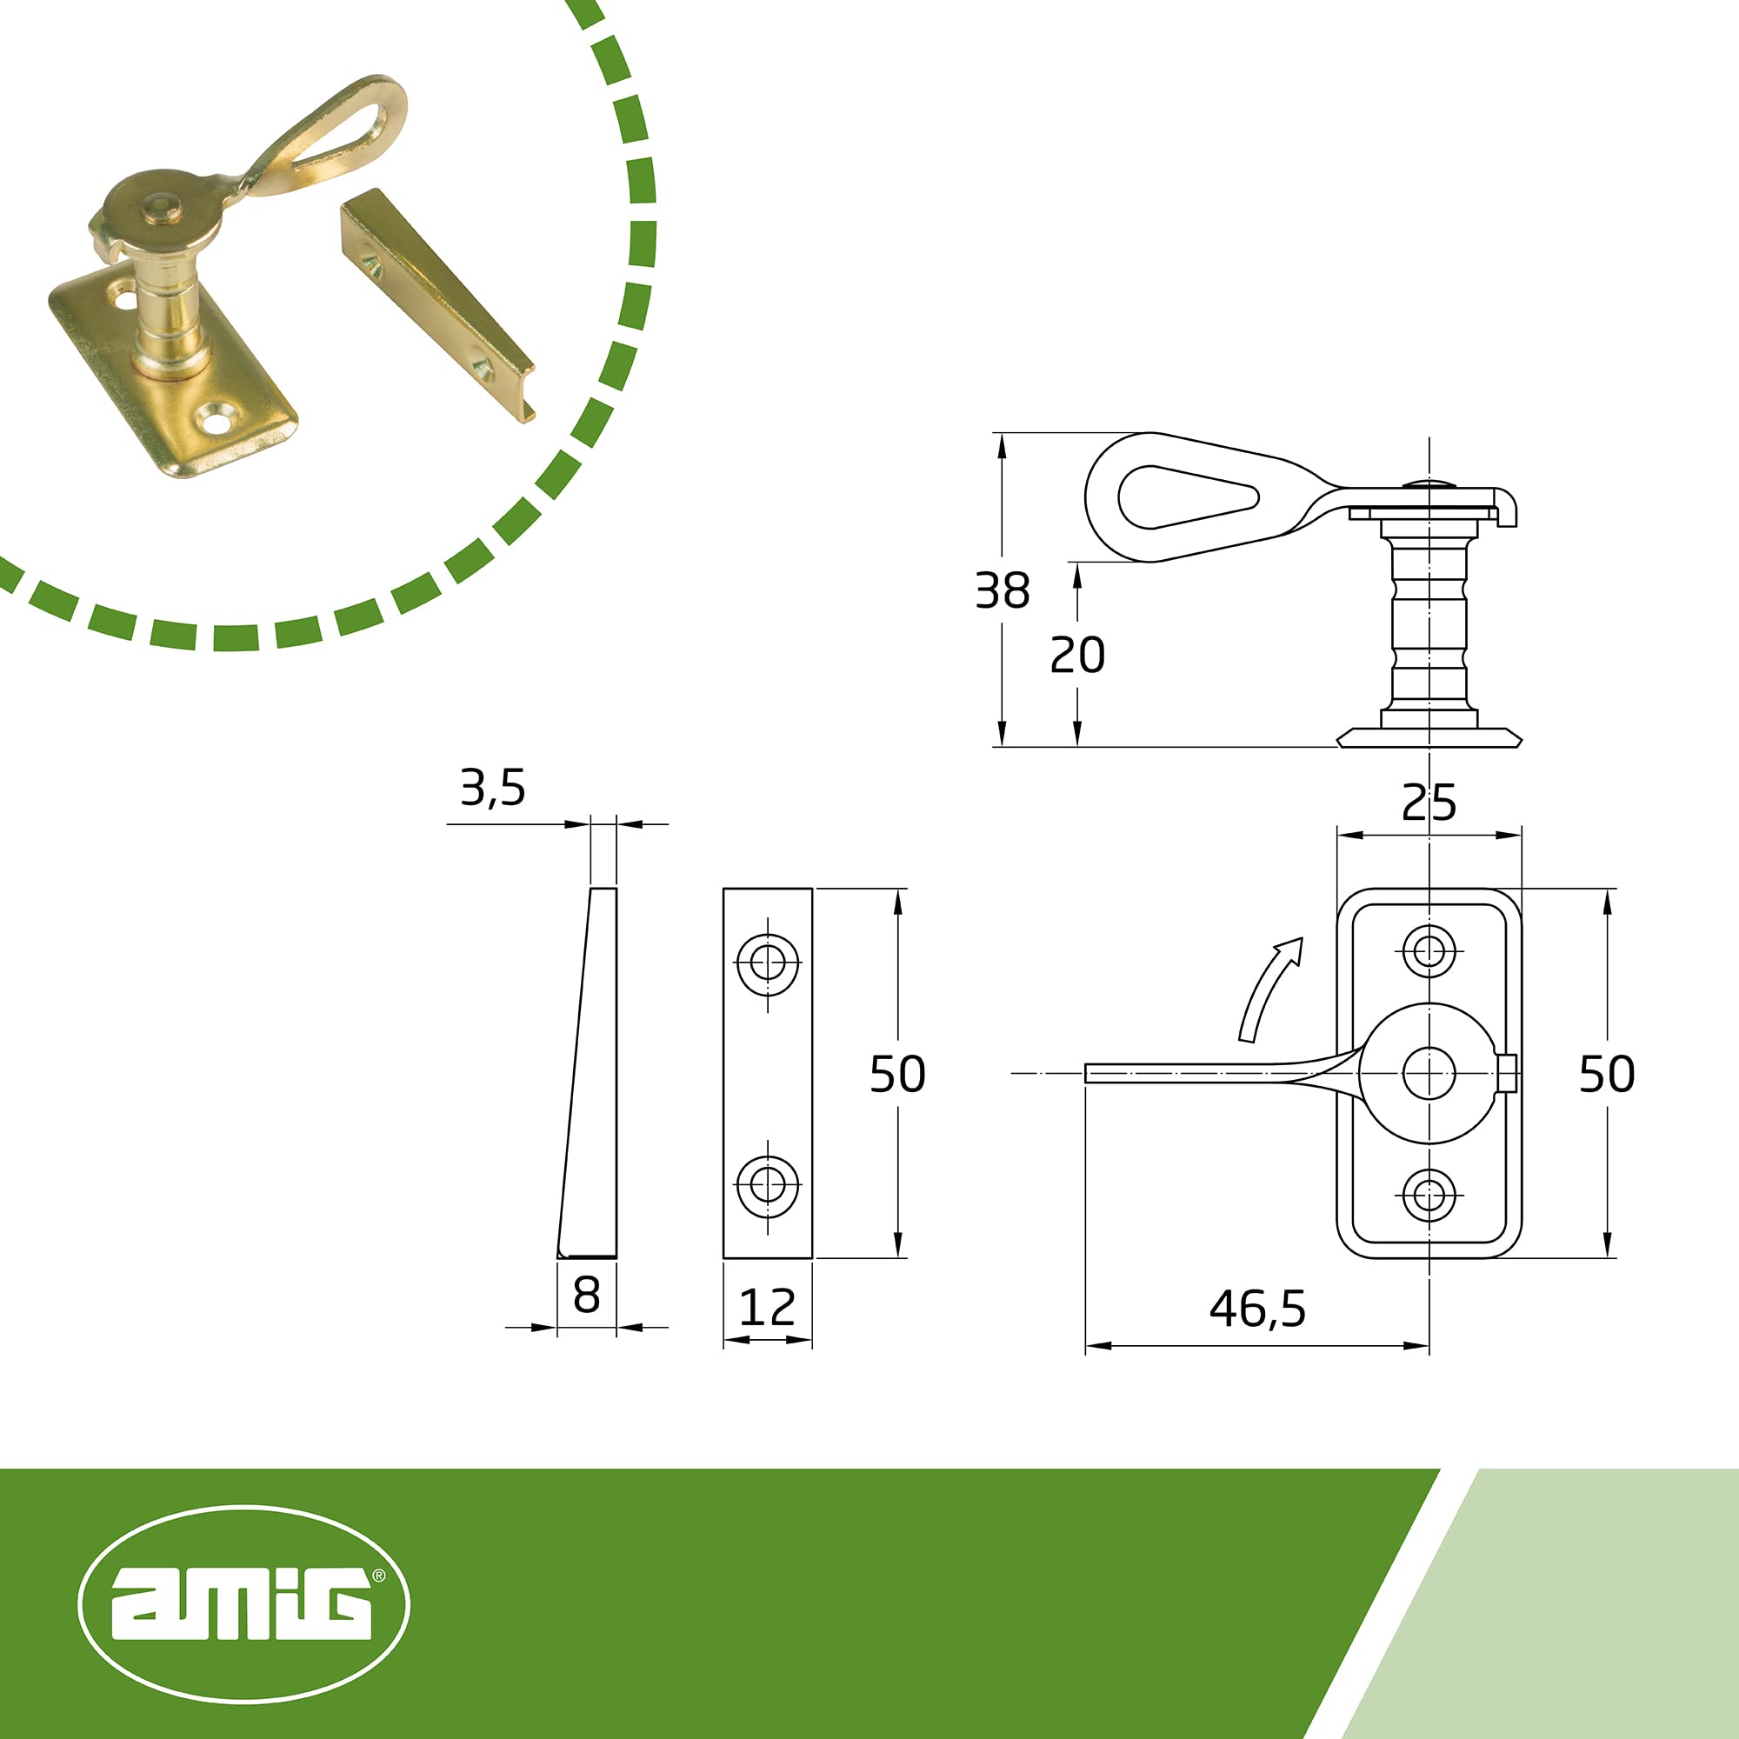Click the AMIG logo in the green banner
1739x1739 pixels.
click(244, 1604)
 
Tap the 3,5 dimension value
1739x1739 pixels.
click(492, 789)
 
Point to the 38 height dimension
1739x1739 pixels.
click(1002, 591)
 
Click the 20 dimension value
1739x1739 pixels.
click(1077, 656)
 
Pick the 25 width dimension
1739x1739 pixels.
click(1429, 803)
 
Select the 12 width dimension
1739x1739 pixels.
click(767, 1308)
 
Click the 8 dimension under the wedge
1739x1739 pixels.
click(586, 1296)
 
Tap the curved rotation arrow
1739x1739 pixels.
click(1269, 989)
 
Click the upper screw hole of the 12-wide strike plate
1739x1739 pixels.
click(768, 963)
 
